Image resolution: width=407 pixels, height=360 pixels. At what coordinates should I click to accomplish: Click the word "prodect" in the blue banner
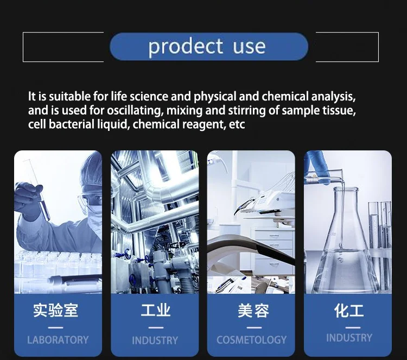186,47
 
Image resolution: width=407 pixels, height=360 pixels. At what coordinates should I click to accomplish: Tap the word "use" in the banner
249,47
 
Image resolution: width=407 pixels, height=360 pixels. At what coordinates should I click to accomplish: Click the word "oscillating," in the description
135,110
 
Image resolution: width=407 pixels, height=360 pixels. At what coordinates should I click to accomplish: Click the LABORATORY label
58,340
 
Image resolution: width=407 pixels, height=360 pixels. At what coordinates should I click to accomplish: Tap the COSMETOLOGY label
251,340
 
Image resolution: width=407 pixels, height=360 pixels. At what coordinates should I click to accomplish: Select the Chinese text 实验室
55,310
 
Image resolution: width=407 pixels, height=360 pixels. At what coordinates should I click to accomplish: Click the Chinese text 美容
253,311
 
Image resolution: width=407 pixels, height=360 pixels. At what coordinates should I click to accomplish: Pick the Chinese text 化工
349,311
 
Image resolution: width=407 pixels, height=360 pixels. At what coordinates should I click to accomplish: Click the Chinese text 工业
156,310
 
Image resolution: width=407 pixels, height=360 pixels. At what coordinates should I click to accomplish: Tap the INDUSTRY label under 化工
349,338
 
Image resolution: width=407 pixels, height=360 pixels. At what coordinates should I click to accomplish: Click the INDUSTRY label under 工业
155,340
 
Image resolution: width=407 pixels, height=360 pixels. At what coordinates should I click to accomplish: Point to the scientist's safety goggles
90,200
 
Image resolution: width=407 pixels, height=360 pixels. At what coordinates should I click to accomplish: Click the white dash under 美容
254,327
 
